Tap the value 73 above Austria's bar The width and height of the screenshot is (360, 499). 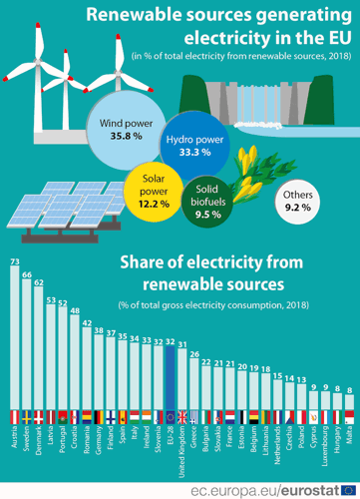pyautogui.click(x=14, y=262)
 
